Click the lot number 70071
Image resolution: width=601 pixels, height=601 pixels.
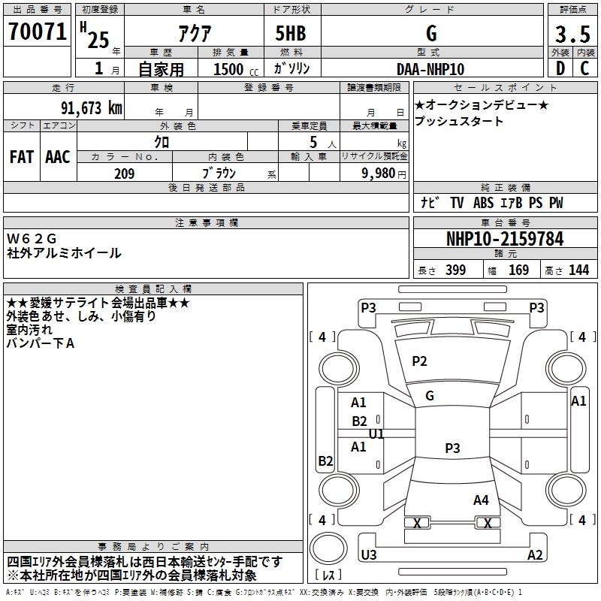[37, 32]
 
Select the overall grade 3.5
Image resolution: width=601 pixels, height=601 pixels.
[572, 34]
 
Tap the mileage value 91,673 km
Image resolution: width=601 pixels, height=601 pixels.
[91, 108]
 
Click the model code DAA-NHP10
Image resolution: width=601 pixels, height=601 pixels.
[430, 69]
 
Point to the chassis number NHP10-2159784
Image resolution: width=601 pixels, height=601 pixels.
[505, 239]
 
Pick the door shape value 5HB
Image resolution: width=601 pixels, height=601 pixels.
[291, 33]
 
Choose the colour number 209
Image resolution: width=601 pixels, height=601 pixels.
[124, 174]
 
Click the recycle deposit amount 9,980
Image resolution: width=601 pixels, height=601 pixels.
[378, 174]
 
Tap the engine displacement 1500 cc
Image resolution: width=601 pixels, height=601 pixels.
[236, 69]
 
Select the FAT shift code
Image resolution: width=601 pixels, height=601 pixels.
[22, 157]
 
